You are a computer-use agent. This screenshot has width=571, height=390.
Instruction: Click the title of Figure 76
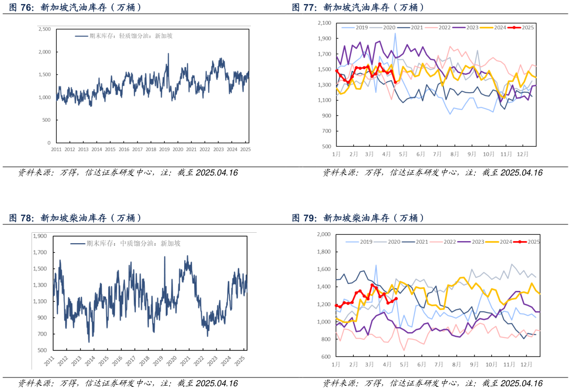75,8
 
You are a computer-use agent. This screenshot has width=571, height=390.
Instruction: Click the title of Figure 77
358,8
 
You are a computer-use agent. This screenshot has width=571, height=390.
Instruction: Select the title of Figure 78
75,218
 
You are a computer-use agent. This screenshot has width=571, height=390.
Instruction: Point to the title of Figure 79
358,218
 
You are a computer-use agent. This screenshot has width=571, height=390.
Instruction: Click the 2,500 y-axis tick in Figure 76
45,29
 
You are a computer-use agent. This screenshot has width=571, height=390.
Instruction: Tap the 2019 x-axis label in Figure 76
164,150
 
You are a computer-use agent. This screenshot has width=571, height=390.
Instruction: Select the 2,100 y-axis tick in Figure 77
324,23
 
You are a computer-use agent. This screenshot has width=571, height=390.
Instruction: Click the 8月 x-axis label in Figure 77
454,155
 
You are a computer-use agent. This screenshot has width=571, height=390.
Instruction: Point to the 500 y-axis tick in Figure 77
326,146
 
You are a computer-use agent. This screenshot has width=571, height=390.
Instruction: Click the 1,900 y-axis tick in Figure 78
40,236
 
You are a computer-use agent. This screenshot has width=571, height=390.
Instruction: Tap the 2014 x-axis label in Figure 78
90,361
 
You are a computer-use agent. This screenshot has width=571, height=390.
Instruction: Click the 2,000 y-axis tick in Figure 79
324,234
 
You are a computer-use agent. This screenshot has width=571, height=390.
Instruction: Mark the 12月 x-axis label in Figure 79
526,364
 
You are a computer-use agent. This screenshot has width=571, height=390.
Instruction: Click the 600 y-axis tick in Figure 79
326,357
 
